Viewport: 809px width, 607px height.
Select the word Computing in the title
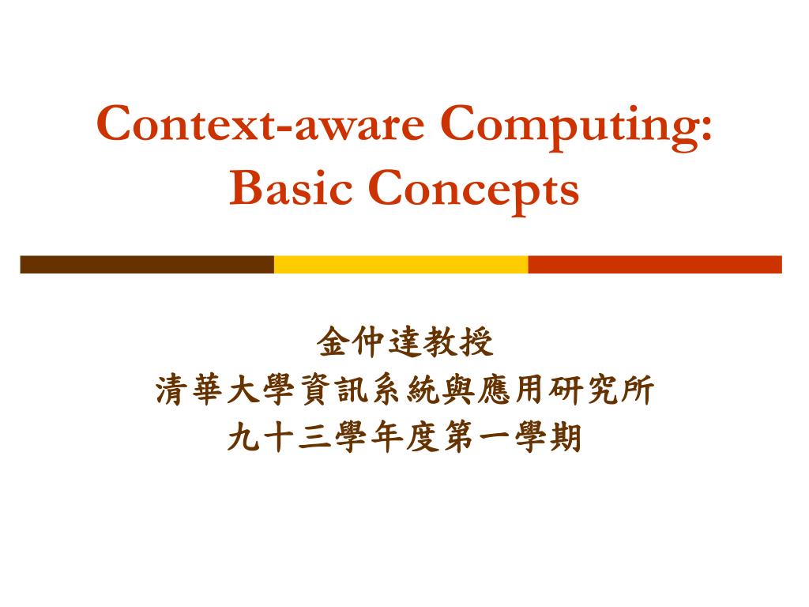pyautogui.click(x=570, y=124)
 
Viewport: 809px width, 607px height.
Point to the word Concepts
pyautogui.click(x=473, y=190)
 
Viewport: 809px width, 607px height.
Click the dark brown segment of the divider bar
pyautogui.click(x=147, y=264)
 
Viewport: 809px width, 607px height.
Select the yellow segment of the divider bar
pyautogui.click(x=401, y=264)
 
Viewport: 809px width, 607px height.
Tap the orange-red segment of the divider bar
pyautogui.click(x=654, y=264)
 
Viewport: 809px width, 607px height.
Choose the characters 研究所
pyautogui.click(x=601, y=390)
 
